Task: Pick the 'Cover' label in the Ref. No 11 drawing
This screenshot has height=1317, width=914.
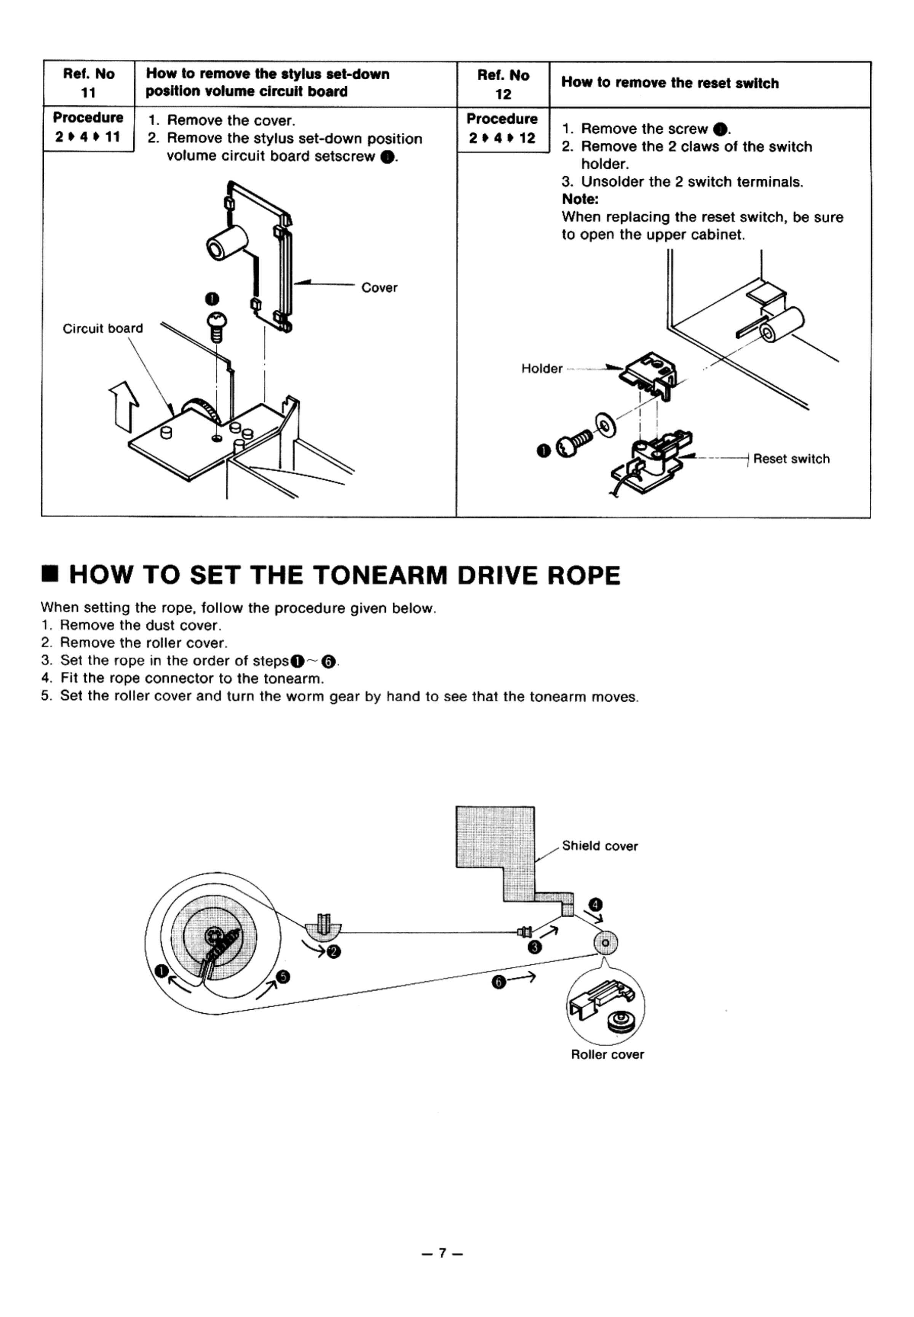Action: point(379,288)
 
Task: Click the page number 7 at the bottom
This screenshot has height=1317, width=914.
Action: point(442,1253)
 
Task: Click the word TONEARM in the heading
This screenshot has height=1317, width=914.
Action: point(381,575)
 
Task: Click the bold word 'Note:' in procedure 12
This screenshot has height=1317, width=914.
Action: point(580,199)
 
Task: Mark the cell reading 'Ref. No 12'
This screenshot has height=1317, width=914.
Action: point(503,84)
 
